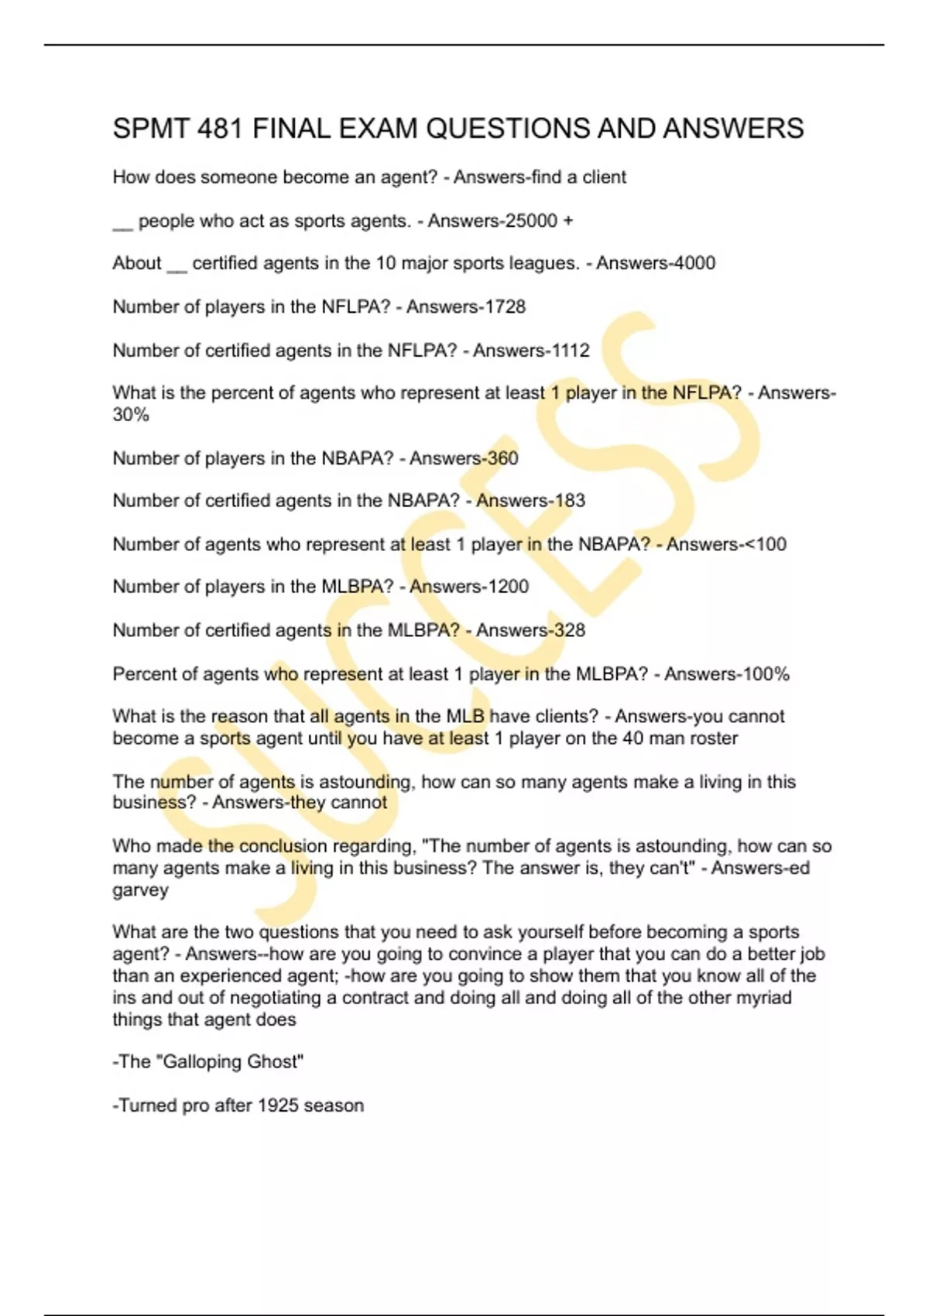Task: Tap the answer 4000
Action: click(x=694, y=263)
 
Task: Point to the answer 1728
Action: click(x=505, y=307)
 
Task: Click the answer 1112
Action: click(x=569, y=351)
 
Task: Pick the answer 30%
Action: click(x=131, y=415)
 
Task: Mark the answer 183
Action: click(x=570, y=501)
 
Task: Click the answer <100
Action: click(x=765, y=544)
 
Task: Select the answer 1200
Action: click(x=508, y=587)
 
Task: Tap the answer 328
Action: click(x=570, y=630)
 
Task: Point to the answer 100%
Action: click(x=767, y=674)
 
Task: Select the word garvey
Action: click(x=140, y=890)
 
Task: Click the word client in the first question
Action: click(x=604, y=177)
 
